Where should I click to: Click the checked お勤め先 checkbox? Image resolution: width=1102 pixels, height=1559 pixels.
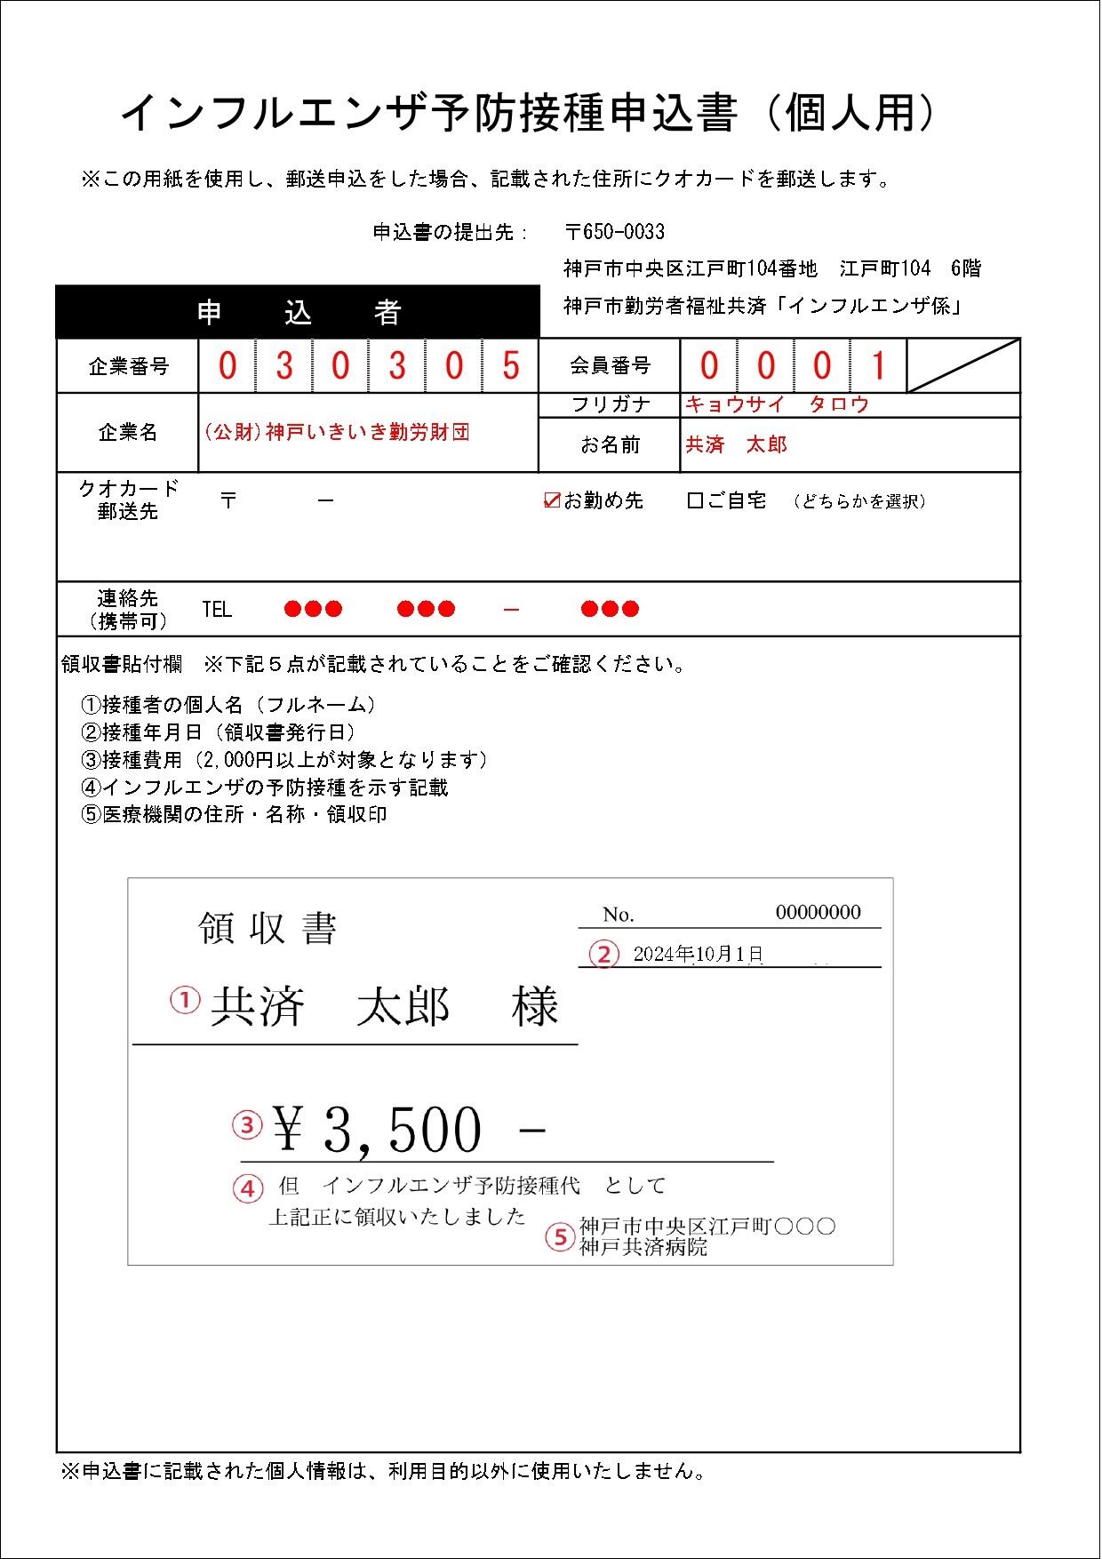[551, 501]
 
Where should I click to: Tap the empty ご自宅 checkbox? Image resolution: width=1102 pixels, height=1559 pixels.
[695, 501]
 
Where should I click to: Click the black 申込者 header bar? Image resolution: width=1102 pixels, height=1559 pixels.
[299, 313]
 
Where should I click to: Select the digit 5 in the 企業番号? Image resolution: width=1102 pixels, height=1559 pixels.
[510, 365]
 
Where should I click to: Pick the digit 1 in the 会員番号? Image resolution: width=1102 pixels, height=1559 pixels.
[878, 365]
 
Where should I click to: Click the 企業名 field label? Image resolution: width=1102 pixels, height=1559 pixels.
[128, 432]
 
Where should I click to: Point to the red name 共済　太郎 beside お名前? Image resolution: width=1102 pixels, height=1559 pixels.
[737, 444]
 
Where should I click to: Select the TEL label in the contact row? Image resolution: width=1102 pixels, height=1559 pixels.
[217, 610]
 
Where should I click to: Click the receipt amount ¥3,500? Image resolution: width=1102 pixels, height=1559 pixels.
[378, 1130]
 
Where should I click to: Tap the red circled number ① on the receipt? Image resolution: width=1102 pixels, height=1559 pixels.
[185, 1001]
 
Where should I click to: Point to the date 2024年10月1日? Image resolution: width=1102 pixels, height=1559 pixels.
[698, 955]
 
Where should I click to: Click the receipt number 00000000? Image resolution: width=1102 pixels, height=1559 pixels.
[818, 912]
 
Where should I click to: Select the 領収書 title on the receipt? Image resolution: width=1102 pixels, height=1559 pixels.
[268, 929]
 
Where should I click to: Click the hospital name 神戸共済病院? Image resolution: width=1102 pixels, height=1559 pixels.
[643, 1247]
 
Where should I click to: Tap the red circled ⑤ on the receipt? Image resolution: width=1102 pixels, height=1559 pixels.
[560, 1237]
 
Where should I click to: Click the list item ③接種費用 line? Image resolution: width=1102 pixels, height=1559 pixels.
[284, 760]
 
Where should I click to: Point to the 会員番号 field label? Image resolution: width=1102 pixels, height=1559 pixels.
[610, 365]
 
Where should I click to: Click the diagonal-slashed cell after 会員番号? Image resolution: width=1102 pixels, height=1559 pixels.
[962, 365]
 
